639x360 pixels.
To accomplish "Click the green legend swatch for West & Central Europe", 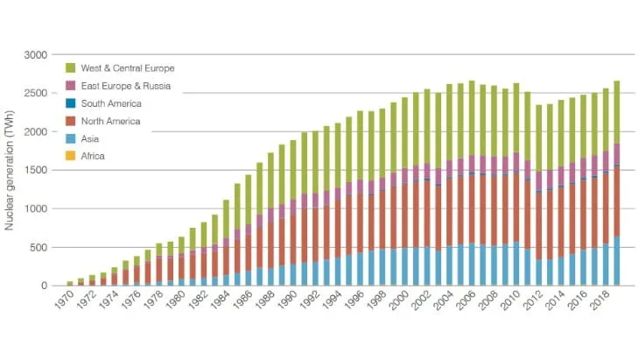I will (71, 67).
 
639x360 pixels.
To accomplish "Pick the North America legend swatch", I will (71, 120).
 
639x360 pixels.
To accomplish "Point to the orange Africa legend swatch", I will (71, 156).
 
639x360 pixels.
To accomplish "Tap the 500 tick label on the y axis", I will (39, 247).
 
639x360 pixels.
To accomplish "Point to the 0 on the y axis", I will (44, 286).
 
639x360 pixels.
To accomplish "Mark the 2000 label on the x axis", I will (399, 302).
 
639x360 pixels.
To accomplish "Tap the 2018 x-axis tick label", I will (600, 302).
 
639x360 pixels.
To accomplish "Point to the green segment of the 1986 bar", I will (259, 188).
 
